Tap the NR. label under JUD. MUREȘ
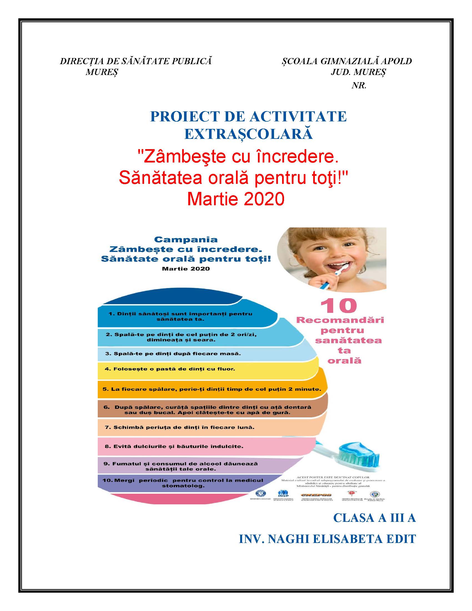click(359, 86)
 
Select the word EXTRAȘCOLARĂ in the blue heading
click(248, 134)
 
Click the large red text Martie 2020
click(236, 199)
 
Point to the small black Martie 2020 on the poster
click(186, 269)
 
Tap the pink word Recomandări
click(340, 320)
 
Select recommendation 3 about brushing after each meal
click(173, 354)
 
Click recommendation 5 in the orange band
click(212, 389)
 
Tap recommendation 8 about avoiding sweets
click(174, 446)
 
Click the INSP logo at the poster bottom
click(281, 494)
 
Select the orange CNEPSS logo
click(317, 494)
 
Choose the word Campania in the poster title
click(186, 239)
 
